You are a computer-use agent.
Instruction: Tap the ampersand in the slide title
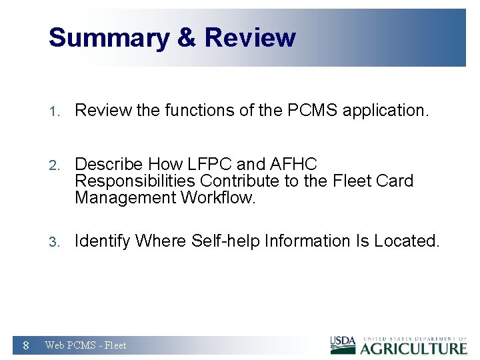click(x=187, y=38)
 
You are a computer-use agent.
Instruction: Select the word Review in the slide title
click(x=250, y=38)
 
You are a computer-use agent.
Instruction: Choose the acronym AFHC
click(x=293, y=163)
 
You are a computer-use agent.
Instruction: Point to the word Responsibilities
click(x=136, y=181)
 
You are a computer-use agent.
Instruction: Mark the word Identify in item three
click(x=103, y=241)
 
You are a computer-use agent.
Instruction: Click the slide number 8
click(x=25, y=345)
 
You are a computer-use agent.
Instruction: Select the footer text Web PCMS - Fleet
click(x=85, y=345)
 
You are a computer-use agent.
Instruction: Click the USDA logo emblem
click(x=343, y=345)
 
